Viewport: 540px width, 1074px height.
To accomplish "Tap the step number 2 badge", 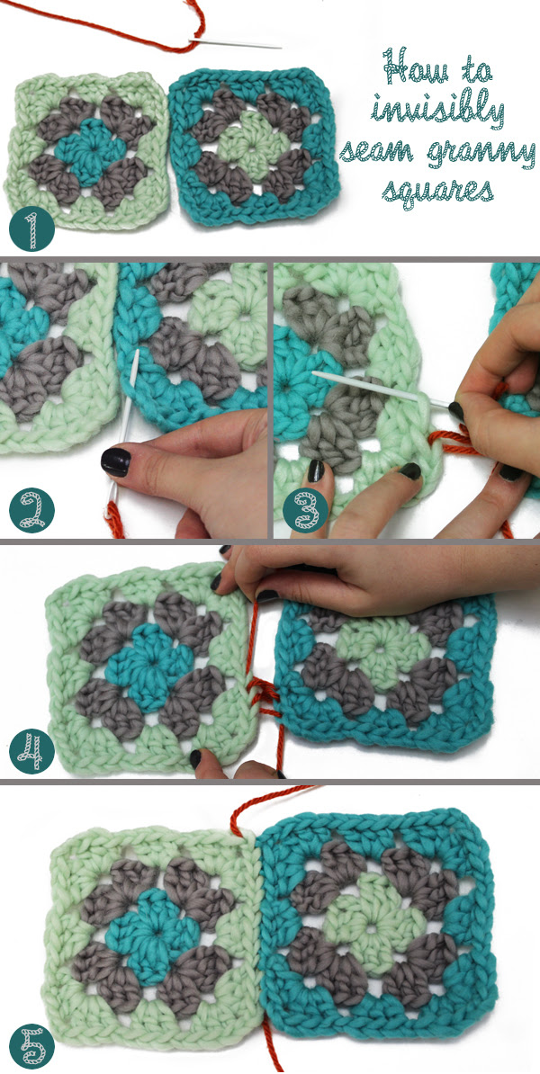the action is coord(31,510).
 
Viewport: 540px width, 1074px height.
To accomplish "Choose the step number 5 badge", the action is coord(31,1045).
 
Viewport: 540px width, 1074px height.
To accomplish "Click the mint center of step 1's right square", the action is coord(254,145).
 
